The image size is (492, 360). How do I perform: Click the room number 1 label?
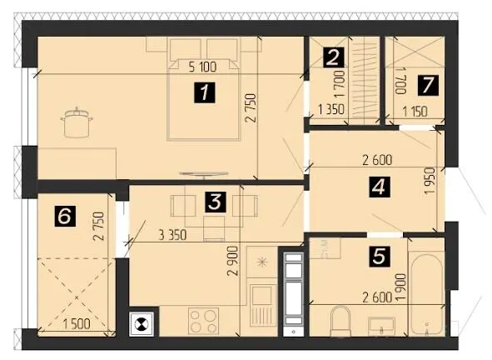click(x=205, y=92)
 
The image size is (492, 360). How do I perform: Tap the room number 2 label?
click(x=333, y=57)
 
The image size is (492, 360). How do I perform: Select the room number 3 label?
click(x=215, y=202)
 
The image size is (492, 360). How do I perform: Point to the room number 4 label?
click(x=380, y=187)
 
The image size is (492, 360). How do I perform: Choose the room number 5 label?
click(x=380, y=256)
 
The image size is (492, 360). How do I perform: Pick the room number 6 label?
click(x=65, y=216)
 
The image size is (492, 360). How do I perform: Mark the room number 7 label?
click(x=428, y=85)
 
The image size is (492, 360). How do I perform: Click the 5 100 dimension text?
click(x=202, y=67)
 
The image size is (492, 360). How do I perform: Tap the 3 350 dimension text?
click(x=173, y=235)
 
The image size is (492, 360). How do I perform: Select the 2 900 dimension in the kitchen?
click(x=233, y=261)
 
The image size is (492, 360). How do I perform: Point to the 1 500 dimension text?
click(x=77, y=324)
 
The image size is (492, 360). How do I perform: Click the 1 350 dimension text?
click(x=331, y=109)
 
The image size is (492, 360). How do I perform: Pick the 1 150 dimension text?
click(x=415, y=112)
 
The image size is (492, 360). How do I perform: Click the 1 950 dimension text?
click(x=430, y=181)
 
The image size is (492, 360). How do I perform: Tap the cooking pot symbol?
click(x=77, y=122)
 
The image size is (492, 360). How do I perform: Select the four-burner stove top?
click(x=203, y=321)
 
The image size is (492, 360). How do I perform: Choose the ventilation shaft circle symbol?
click(x=141, y=324)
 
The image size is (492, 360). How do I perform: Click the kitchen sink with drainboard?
click(x=261, y=306)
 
